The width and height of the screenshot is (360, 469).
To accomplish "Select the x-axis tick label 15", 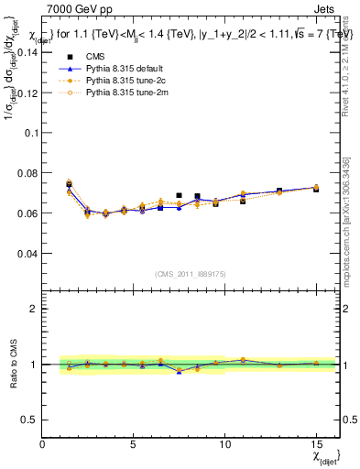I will pos(316,444).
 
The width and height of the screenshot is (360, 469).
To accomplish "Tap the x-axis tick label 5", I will pos(134,444).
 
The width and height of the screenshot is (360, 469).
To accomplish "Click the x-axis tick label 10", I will pos(224,444).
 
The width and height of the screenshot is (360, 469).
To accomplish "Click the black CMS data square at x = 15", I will pos(316,189).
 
